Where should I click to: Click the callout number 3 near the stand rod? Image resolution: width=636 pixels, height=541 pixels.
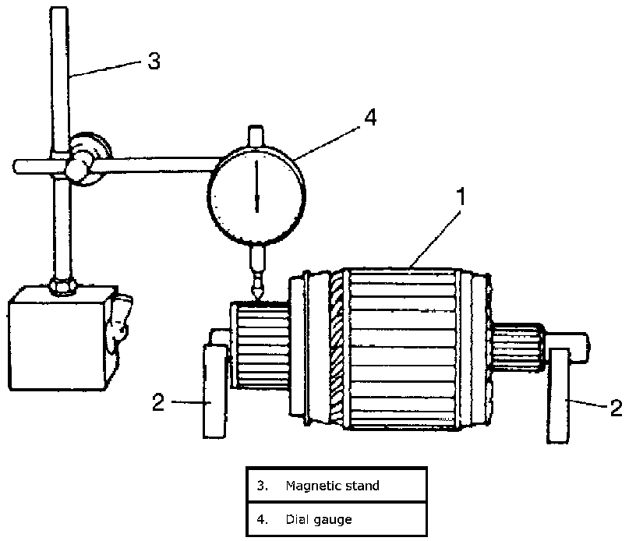point(154,61)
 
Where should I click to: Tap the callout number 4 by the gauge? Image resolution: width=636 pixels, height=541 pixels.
point(370,117)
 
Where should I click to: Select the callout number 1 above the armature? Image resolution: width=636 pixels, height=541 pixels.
point(461,197)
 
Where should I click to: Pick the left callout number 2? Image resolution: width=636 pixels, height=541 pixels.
point(158,402)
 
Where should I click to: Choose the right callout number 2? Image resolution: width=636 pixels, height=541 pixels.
point(616,408)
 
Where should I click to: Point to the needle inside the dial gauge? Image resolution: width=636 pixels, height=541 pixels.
point(256,186)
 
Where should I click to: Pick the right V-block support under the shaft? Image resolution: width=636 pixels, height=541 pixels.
point(558,395)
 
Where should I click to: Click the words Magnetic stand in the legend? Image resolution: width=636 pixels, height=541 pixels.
point(333,486)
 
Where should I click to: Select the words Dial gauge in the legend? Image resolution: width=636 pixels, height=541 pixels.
point(319,519)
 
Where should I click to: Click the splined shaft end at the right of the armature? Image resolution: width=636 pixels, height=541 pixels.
point(518,346)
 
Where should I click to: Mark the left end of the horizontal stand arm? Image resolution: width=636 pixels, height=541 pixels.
point(15,167)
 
